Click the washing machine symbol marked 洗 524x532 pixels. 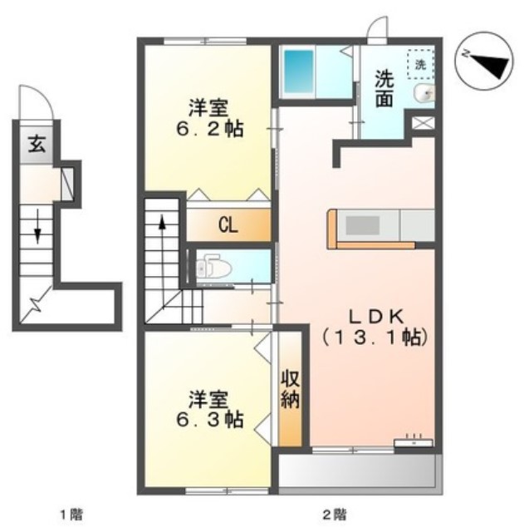tap(420, 64)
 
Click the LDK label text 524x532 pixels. tap(375, 316)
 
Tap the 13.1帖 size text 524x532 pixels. tap(375, 338)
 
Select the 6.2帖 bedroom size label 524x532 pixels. tap(209, 130)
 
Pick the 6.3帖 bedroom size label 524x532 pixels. tap(209, 421)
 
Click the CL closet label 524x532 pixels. tap(230, 224)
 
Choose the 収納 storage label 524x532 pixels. tap(291, 389)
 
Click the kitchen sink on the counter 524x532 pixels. tap(361, 226)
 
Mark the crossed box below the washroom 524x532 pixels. tap(423, 124)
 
